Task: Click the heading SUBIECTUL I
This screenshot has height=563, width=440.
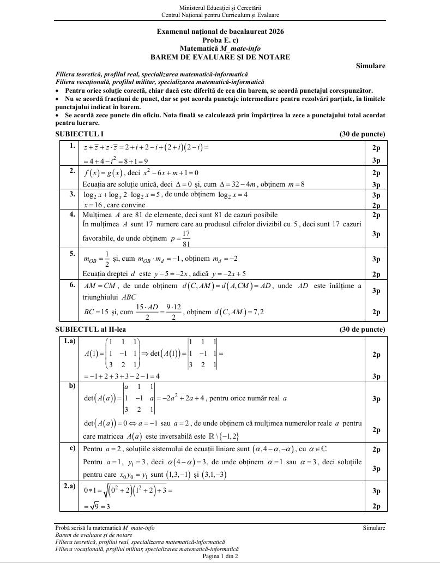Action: [x=80, y=134]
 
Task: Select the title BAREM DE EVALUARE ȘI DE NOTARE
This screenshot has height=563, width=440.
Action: [x=220, y=57]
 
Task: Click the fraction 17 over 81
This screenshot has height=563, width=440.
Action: [x=186, y=238]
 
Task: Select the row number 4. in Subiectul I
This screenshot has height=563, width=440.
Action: [x=72, y=214]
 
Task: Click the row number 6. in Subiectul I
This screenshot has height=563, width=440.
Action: [x=72, y=284]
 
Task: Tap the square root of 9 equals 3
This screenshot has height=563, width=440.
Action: [x=97, y=506]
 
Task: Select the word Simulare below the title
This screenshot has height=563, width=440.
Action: [x=370, y=66]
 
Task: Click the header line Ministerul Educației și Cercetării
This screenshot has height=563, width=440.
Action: [x=220, y=8]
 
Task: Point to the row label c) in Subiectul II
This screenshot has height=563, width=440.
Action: [x=72, y=448]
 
